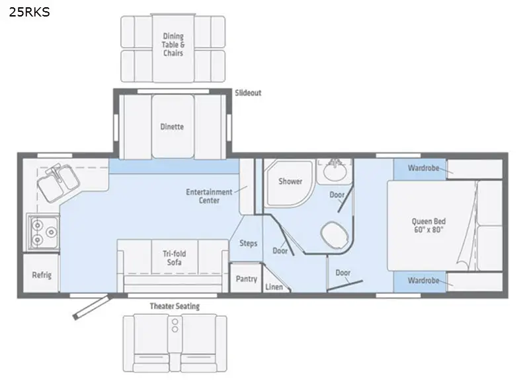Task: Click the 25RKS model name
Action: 29,12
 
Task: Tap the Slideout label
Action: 248,92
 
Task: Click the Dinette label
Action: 172,127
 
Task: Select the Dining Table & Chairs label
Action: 173,44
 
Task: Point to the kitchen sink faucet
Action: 54,170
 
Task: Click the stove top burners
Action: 44,232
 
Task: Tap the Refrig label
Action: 42,275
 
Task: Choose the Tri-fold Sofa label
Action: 175,258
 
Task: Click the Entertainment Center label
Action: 209,196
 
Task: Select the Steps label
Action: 249,243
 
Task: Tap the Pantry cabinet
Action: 246,278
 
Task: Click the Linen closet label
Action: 274,287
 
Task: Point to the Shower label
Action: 290,181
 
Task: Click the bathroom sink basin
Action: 335,171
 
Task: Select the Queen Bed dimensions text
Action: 428,230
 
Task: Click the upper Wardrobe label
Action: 423,168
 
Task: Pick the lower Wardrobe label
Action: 423,280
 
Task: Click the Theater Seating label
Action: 175,306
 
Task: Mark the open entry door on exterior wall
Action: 92,307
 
